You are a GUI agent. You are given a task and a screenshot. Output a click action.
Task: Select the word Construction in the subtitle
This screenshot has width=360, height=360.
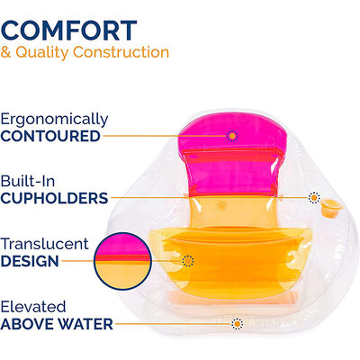126,52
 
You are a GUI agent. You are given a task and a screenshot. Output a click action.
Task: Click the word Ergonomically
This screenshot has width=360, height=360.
54,119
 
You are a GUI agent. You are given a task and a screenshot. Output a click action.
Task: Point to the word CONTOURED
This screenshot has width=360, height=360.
50,137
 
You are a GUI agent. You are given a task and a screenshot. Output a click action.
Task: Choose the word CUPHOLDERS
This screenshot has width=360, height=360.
54,198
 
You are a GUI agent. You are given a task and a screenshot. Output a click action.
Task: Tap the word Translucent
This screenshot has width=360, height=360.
45,244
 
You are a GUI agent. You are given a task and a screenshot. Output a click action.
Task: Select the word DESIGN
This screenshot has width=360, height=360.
30,262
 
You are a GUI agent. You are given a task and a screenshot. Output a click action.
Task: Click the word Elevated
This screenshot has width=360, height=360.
34,306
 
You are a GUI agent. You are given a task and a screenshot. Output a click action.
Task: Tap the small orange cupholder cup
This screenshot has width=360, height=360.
334,210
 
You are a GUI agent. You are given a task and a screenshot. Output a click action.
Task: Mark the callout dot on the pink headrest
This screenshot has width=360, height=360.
232,136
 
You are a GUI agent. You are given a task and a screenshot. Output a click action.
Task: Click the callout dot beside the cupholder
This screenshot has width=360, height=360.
313,198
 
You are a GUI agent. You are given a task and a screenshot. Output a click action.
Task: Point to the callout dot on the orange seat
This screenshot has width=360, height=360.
188,261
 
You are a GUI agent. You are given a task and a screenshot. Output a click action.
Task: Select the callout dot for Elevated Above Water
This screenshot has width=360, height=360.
236,324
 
